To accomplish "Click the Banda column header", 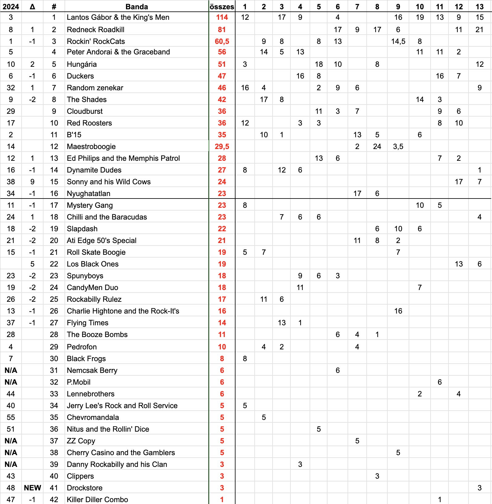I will tap(137, 6).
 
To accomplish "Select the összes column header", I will tap(222, 6).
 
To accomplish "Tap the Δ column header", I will tap(32, 6).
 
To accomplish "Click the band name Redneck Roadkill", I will tap(96, 30).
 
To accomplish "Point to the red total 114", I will tap(222, 17).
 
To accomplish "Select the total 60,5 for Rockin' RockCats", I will tap(222, 41).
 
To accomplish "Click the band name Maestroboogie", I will tap(91, 147).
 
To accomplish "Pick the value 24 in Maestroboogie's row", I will tap(377, 147).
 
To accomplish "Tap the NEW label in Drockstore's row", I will tap(32, 488).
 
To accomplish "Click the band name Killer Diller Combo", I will tap(98, 500).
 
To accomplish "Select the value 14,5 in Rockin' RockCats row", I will tap(398, 41).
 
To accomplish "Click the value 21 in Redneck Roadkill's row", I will tap(479, 30).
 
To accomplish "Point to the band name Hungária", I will tap(82, 64).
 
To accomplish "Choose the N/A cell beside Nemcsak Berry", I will tap(11, 370).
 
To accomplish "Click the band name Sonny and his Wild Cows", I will tap(109, 182).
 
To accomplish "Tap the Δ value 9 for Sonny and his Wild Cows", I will tap(32, 182).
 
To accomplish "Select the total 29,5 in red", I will tap(222, 147).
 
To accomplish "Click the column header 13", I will tap(479, 6).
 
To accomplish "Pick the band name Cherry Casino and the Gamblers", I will tap(121, 453).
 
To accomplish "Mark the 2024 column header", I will tap(11, 6).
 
